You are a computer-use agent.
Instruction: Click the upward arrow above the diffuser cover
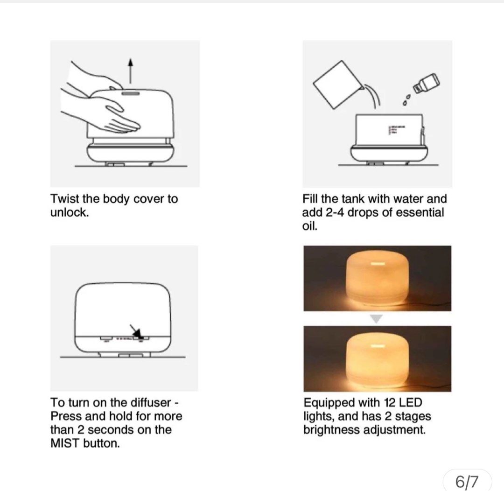pyautogui.click(x=130, y=71)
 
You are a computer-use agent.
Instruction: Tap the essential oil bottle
pyautogui.click(x=426, y=83)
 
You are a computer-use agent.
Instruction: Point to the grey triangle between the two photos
pyautogui.click(x=377, y=319)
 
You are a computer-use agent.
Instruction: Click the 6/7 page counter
pyautogui.click(x=467, y=481)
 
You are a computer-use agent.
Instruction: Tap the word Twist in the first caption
pyautogui.click(x=65, y=199)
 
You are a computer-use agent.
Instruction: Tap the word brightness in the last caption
pyautogui.click(x=332, y=430)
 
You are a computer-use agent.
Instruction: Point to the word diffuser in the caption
pyautogui.click(x=151, y=403)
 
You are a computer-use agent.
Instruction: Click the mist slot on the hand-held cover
pyautogui.click(x=131, y=93)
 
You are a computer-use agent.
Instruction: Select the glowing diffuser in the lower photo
pyautogui.click(x=377, y=360)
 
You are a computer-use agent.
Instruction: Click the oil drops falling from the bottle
pyautogui.click(x=406, y=100)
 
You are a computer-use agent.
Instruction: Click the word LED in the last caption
pyautogui.click(x=410, y=403)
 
